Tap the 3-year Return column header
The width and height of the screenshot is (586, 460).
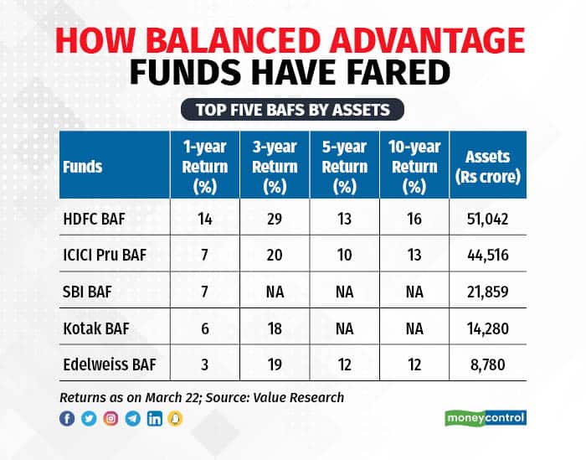tap(274, 166)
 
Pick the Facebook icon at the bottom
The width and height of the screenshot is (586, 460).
tap(67, 417)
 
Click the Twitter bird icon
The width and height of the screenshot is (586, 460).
tap(89, 417)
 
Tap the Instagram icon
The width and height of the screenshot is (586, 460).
tap(111, 417)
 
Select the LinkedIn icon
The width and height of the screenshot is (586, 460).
tap(154, 417)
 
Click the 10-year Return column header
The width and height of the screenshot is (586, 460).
tap(414, 166)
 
